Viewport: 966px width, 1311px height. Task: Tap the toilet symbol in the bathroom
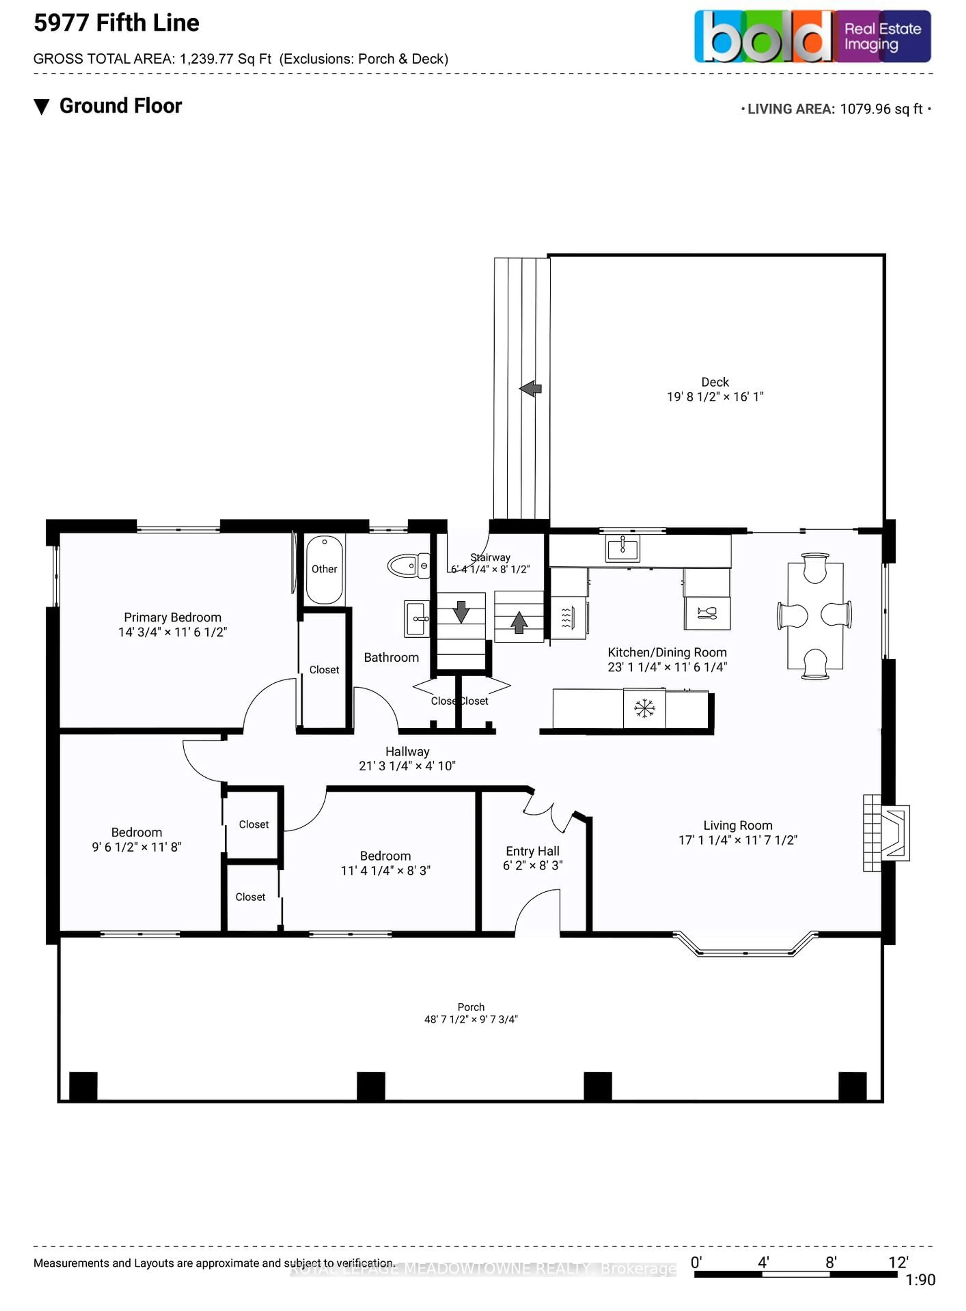pos(408,566)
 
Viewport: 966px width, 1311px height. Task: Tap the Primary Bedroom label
pos(173,617)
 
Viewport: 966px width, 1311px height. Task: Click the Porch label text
pos(471,1007)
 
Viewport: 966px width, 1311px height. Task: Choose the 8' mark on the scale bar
pos(830,1262)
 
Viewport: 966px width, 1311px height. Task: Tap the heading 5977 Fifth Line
pos(116,23)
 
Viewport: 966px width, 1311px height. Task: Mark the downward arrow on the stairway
pos(461,611)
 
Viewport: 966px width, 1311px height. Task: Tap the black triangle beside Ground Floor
pos(42,107)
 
